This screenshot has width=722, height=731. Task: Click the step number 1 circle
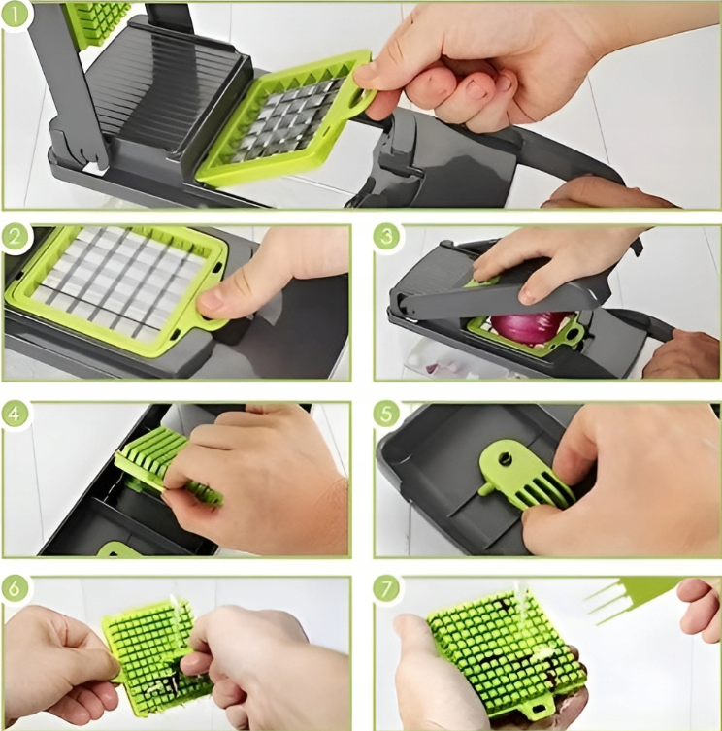pos(15,15)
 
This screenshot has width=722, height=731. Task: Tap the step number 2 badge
pos(15,238)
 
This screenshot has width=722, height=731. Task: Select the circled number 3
pos(387,238)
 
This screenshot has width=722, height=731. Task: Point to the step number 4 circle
pos(15,414)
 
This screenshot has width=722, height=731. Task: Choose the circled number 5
pos(387,414)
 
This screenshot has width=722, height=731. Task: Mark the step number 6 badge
pos(15,588)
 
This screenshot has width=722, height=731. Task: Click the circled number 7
pos(387,589)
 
